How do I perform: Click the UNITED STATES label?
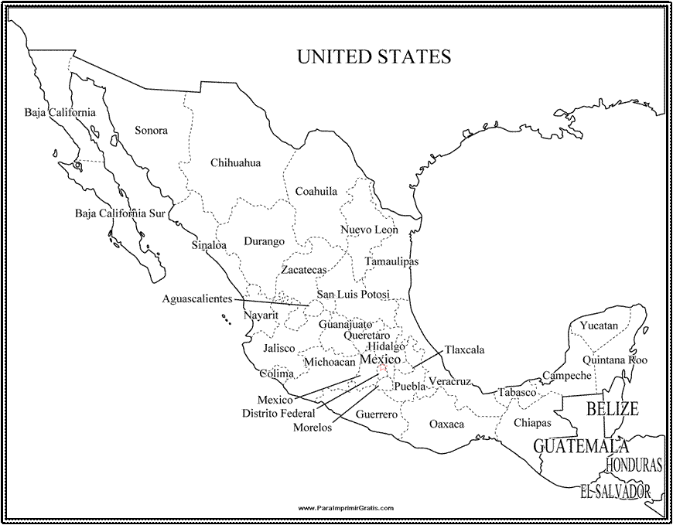(374, 57)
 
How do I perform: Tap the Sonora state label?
(151, 131)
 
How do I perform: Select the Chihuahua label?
(235, 163)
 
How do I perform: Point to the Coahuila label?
(316, 191)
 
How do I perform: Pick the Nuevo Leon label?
(369, 230)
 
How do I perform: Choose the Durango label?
(265, 241)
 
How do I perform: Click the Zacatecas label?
(303, 270)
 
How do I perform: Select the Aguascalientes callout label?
(197, 298)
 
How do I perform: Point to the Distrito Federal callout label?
(278, 414)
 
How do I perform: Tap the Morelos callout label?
(313, 428)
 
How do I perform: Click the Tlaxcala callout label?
(464, 350)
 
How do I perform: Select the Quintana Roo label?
(616, 360)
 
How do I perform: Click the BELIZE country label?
(612, 408)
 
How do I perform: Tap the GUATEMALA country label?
(581, 446)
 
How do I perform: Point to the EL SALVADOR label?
(616, 490)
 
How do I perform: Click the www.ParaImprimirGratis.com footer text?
(345, 508)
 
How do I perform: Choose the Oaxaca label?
(446, 424)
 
